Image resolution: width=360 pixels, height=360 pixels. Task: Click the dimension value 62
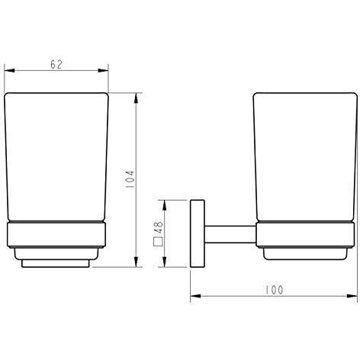[56, 65]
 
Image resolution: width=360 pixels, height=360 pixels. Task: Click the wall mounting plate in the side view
[197, 233]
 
